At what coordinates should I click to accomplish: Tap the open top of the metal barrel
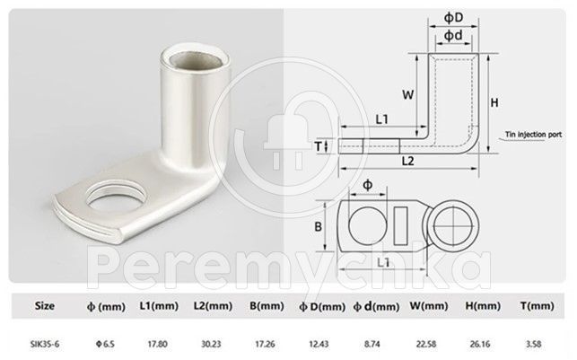pyautogui.click(x=196, y=59)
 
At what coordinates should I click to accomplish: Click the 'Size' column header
pyautogui.click(x=45, y=305)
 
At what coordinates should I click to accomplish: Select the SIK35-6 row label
pyautogui.click(x=45, y=344)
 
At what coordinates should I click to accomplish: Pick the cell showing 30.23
pyautogui.click(x=211, y=344)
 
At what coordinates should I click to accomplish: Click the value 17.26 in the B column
pyautogui.click(x=266, y=344)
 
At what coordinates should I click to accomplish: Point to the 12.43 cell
pyautogui.click(x=319, y=344)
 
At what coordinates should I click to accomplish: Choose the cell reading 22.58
pyautogui.click(x=426, y=344)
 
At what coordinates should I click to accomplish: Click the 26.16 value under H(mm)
pyautogui.click(x=480, y=344)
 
